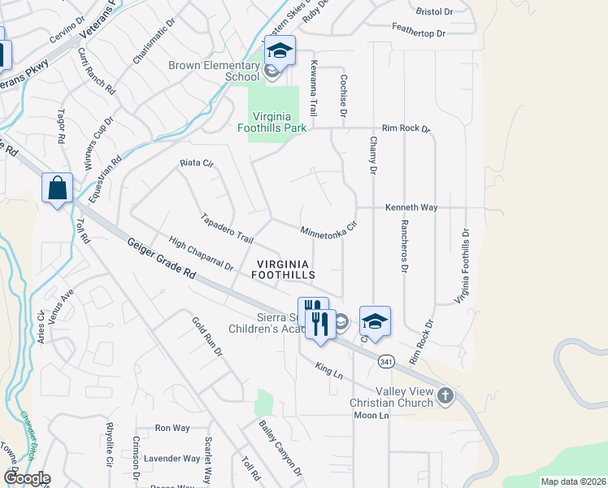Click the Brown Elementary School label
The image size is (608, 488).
point(214,71)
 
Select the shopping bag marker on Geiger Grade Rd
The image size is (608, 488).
point(58,189)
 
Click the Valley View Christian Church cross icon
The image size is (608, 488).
point(444,396)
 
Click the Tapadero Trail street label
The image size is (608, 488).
point(228,228)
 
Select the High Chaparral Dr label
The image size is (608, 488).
point(201,253)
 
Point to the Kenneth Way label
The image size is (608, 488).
point(411,207)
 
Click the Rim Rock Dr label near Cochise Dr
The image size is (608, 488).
point(406,129)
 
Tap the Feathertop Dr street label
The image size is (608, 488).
point(419,33)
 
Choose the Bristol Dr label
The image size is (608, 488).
point(433,12)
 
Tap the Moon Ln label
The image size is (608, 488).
point(372,416)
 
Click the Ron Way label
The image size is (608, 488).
point(172,428)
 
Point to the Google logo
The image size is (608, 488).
point(27,478)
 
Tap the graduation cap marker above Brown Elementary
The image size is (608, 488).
point(280,51)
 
